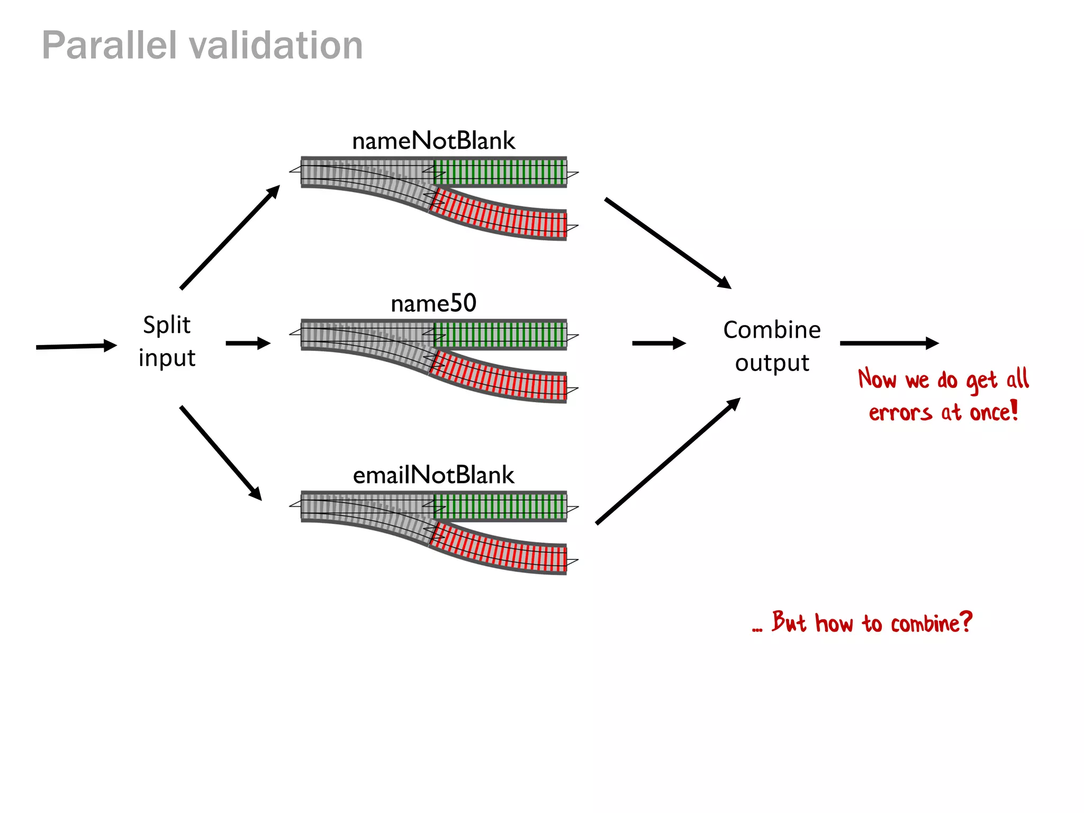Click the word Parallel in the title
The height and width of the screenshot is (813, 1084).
pyautogui.click(x=109, y=46)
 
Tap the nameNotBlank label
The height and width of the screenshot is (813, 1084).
pyautogui.click(x=433, y=141)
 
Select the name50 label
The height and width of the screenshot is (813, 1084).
pyautogui.click(x=433, y=304)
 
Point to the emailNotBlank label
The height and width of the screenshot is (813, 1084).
pyautogui.click(x=433, y=475)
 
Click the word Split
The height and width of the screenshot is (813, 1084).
pyautogui.click(x=167, y=325)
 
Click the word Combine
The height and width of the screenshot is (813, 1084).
pyautogui.click(x=772, y=330)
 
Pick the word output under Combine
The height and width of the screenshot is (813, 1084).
pyautogui.click(x=772, y=363)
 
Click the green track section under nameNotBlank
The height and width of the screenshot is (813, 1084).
pyautogui.click(x=500, y=173)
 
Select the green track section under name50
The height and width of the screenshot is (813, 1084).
pyautogui.click(x=500, y=335)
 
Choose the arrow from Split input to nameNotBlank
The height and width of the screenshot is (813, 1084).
pyautogui.click(x=230, y=237)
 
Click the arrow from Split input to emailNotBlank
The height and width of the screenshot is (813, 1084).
pyautogui.click(x=221, y=453)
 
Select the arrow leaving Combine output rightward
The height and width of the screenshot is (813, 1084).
pyautogui.click(x=889, y=343)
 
